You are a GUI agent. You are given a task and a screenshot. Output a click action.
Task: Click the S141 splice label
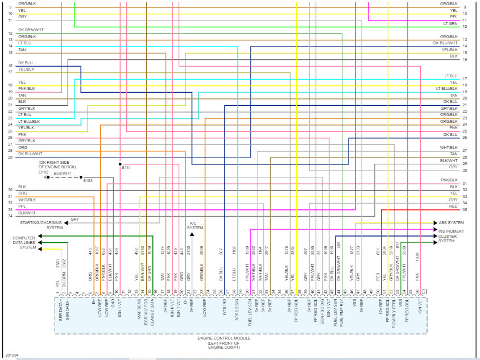126,167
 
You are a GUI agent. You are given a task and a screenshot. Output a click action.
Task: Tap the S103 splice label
88,180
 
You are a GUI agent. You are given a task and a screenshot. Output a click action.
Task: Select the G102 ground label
44,172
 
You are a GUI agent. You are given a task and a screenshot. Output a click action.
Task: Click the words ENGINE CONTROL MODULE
224,338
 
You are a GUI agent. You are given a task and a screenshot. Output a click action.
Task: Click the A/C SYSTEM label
195,225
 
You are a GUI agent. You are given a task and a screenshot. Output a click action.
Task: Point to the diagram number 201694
13,355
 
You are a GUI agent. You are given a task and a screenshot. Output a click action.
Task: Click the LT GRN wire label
450,24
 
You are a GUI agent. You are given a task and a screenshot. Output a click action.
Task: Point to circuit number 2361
58,264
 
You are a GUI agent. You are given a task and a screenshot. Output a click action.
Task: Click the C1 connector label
424,292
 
